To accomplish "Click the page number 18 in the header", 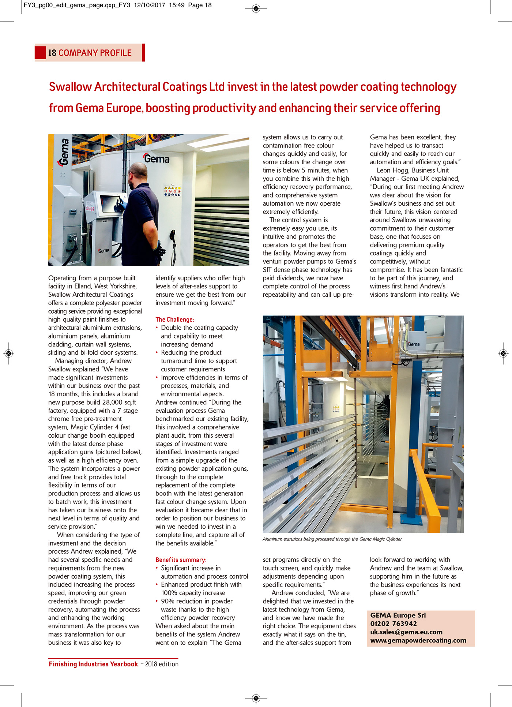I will click(x=52, y=53).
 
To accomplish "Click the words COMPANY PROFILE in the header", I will click(x=95, y=53).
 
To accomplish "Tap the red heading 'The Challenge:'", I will click(x=175, y=319).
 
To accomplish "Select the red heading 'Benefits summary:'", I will click(x=181, y=560).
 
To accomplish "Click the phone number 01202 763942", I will click(x=394, y=624).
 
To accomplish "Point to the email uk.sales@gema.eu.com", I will click(x=406, y=632).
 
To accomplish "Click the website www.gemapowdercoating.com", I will click(x=418, y=640).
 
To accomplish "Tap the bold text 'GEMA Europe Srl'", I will click(x=398, y=615).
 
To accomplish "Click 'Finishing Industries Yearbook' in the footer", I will click(x=93, y=664).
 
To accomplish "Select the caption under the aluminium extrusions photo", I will click(x=332, y=539).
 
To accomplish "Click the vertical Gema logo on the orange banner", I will click(x=64, y=152).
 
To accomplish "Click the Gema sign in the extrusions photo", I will click(x=413, y=344).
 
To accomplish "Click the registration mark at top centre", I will click(x=256, y=8).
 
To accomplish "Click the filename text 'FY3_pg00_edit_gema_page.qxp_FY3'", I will click(x=77, y=5).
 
